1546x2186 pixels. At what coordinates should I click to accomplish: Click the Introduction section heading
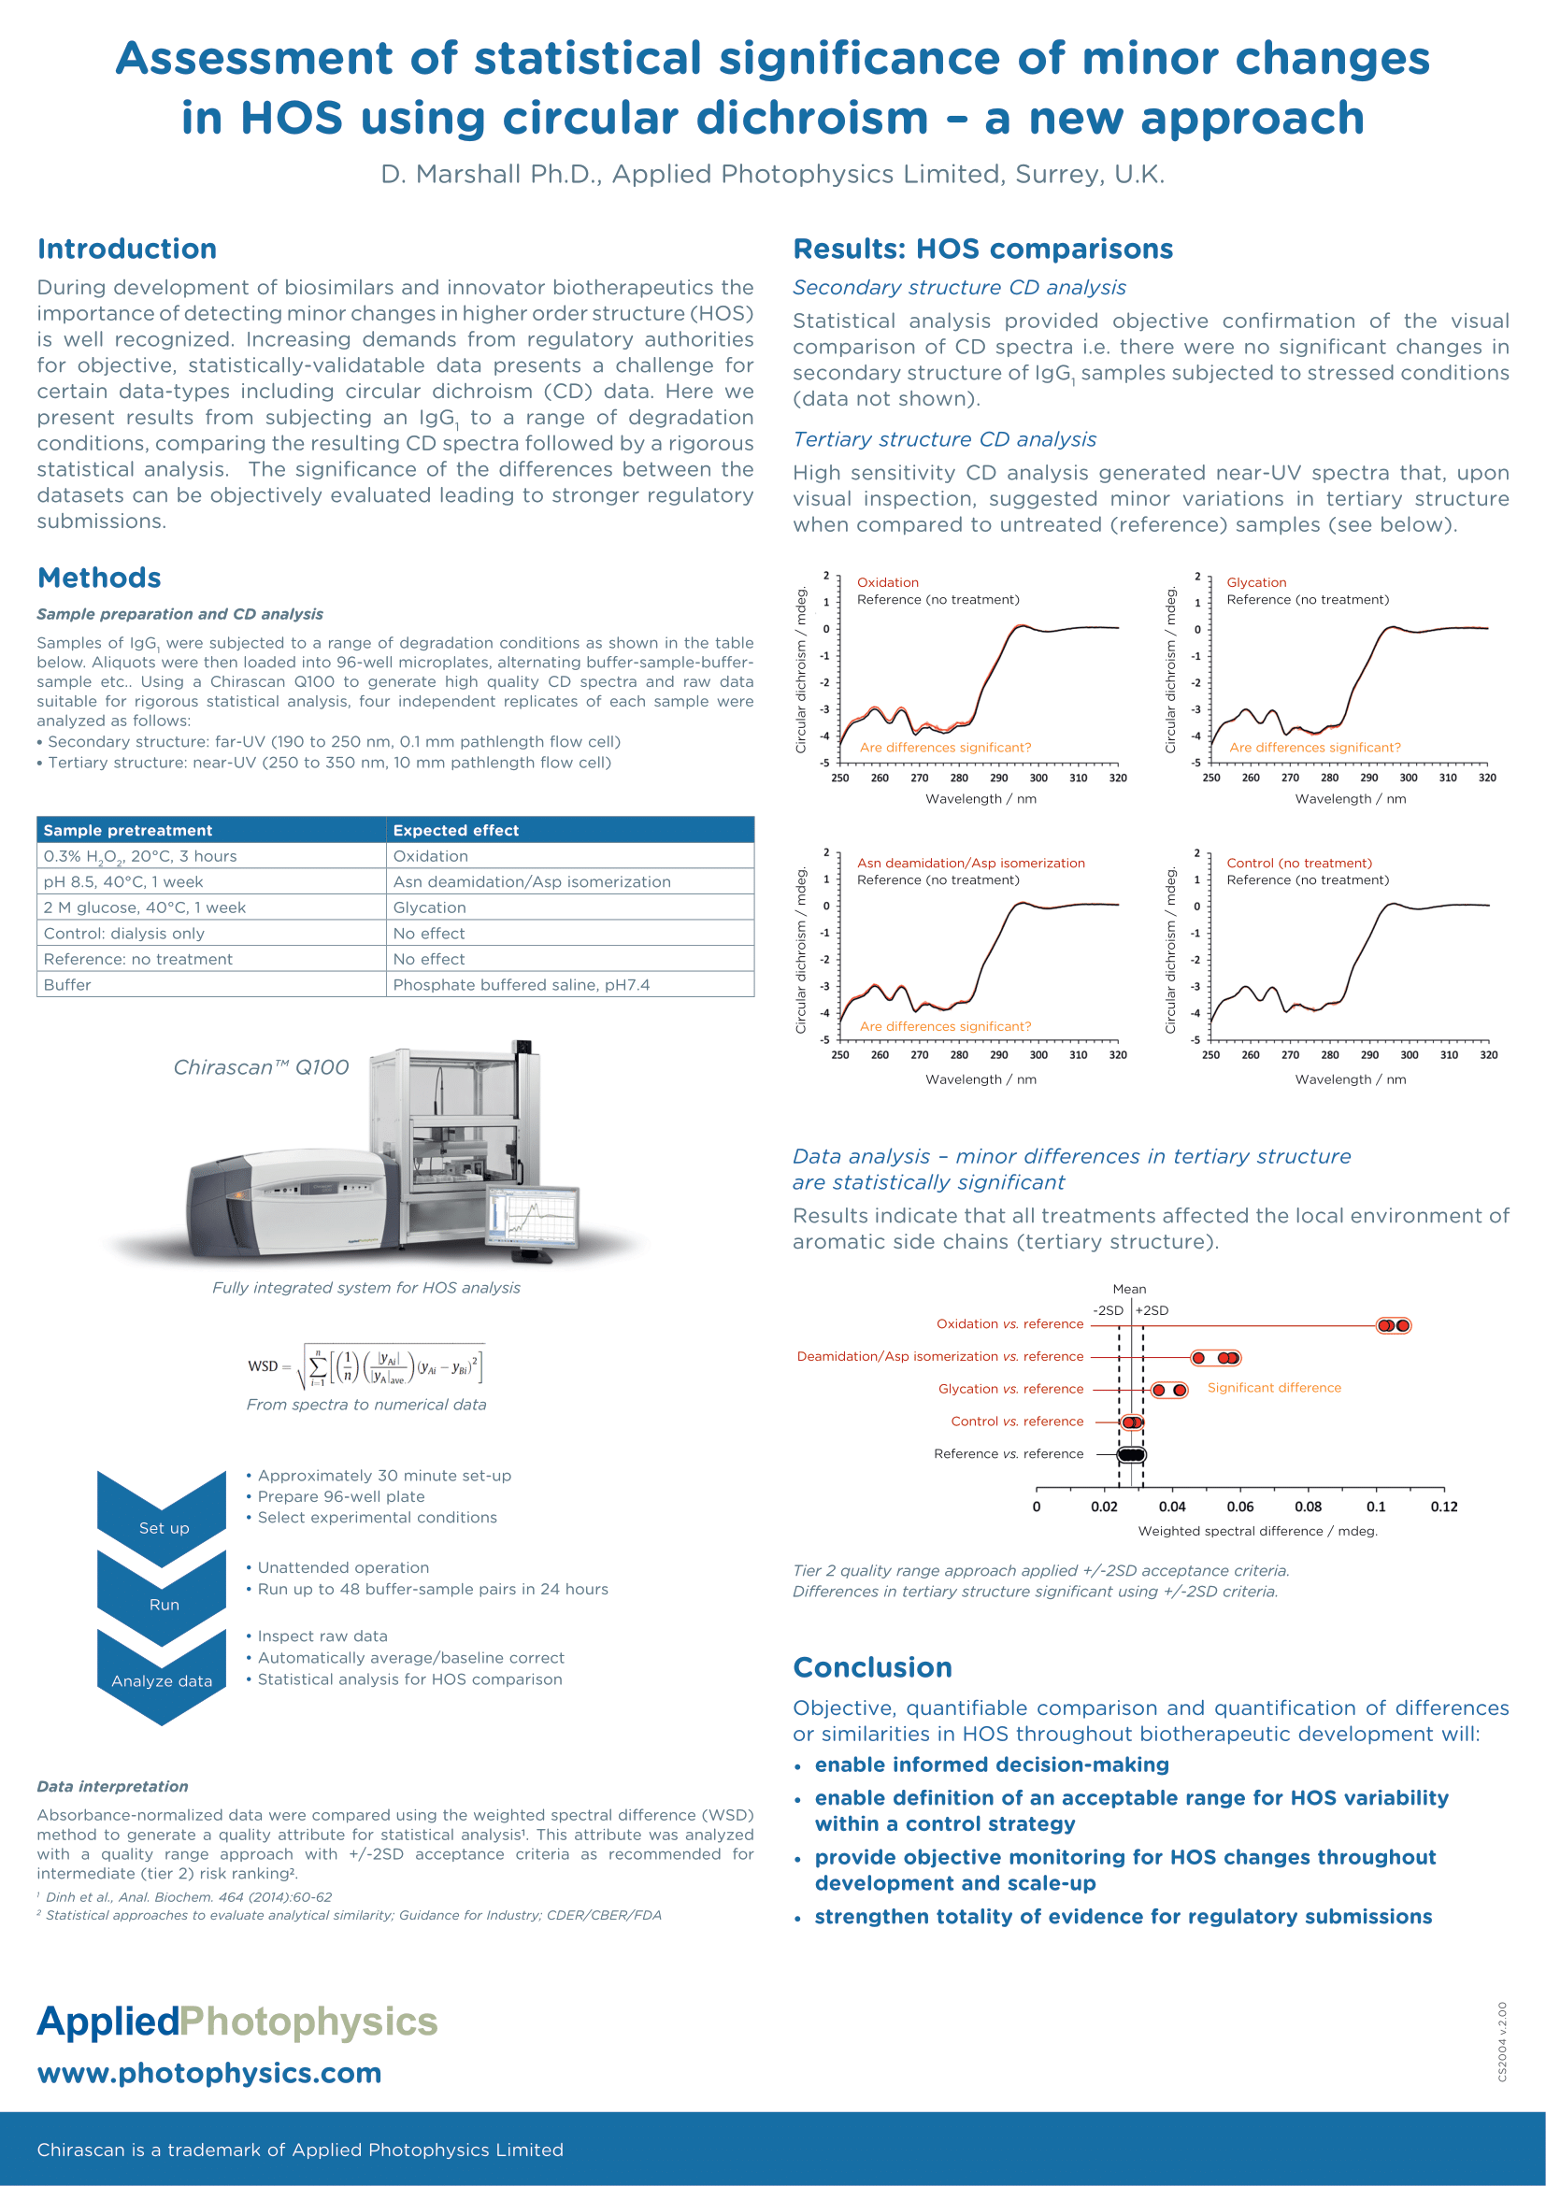pos(126,250)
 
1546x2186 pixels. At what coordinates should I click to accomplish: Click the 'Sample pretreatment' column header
pos(127,830)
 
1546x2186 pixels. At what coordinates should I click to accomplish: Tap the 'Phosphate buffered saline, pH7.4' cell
pos(521,984)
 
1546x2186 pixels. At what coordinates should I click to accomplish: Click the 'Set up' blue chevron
pos(163,1518)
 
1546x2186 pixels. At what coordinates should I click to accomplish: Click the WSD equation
pos(366,1367)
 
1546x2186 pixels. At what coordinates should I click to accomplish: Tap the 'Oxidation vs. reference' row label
pos(1009,1324)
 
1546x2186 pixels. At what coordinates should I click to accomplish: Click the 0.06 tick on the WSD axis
pos(1239,1507)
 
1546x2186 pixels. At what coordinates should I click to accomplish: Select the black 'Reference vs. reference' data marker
pos(1131,1455)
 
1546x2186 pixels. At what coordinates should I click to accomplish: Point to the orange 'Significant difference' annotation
pos(1274,1388)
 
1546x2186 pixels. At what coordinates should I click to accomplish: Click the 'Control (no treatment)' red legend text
pos(1298,864)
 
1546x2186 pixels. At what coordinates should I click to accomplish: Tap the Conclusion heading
pos(872,1667)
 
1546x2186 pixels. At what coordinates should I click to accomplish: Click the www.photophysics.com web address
pos(209,2073)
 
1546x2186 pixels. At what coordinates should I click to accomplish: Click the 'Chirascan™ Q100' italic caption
pos(261,1067)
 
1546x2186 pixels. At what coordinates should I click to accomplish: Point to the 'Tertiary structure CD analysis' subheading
pos(944,439)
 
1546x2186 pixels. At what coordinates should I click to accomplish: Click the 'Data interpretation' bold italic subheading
pos(112,1786)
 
